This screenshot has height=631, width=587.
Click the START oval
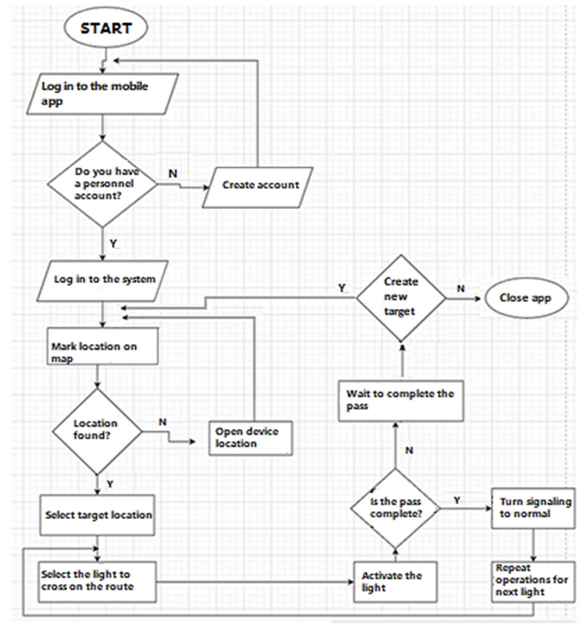coord(106,28)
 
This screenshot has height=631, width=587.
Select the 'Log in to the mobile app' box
coord(102,94)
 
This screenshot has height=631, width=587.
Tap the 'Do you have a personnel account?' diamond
coord(102,184)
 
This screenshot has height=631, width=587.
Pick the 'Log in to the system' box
coord(102,281)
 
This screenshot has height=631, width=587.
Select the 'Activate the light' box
coord(395,582)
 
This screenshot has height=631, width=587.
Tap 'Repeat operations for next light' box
coord(533,582)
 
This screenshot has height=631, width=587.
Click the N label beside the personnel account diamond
coord(173,174)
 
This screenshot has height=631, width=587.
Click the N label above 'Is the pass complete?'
coord(409,450)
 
